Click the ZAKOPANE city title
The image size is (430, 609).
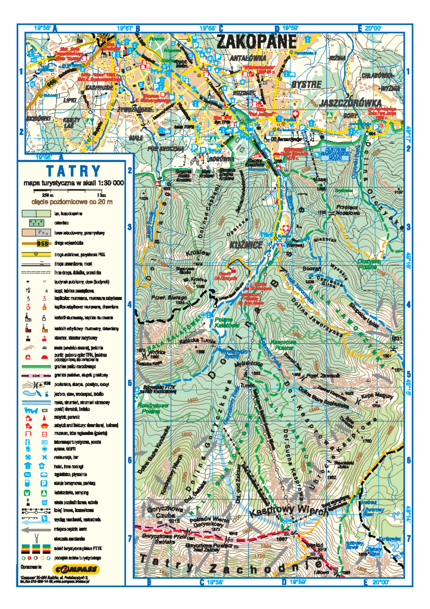coord(257,42)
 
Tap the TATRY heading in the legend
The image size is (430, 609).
coord(73,171)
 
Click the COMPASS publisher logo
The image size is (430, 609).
coord(76,569)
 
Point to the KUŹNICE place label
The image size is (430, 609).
coord(246,245)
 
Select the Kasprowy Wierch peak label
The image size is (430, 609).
coord(288,510)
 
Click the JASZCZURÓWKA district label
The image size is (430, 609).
coord(351,103)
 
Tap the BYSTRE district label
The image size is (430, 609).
coord(306,85)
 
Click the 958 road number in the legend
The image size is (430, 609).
coord(42,244)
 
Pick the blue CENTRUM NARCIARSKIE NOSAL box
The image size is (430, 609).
coord(335,154)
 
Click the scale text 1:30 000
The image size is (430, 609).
coord(107,183)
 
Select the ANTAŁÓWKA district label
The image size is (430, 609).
coord(248,58)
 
